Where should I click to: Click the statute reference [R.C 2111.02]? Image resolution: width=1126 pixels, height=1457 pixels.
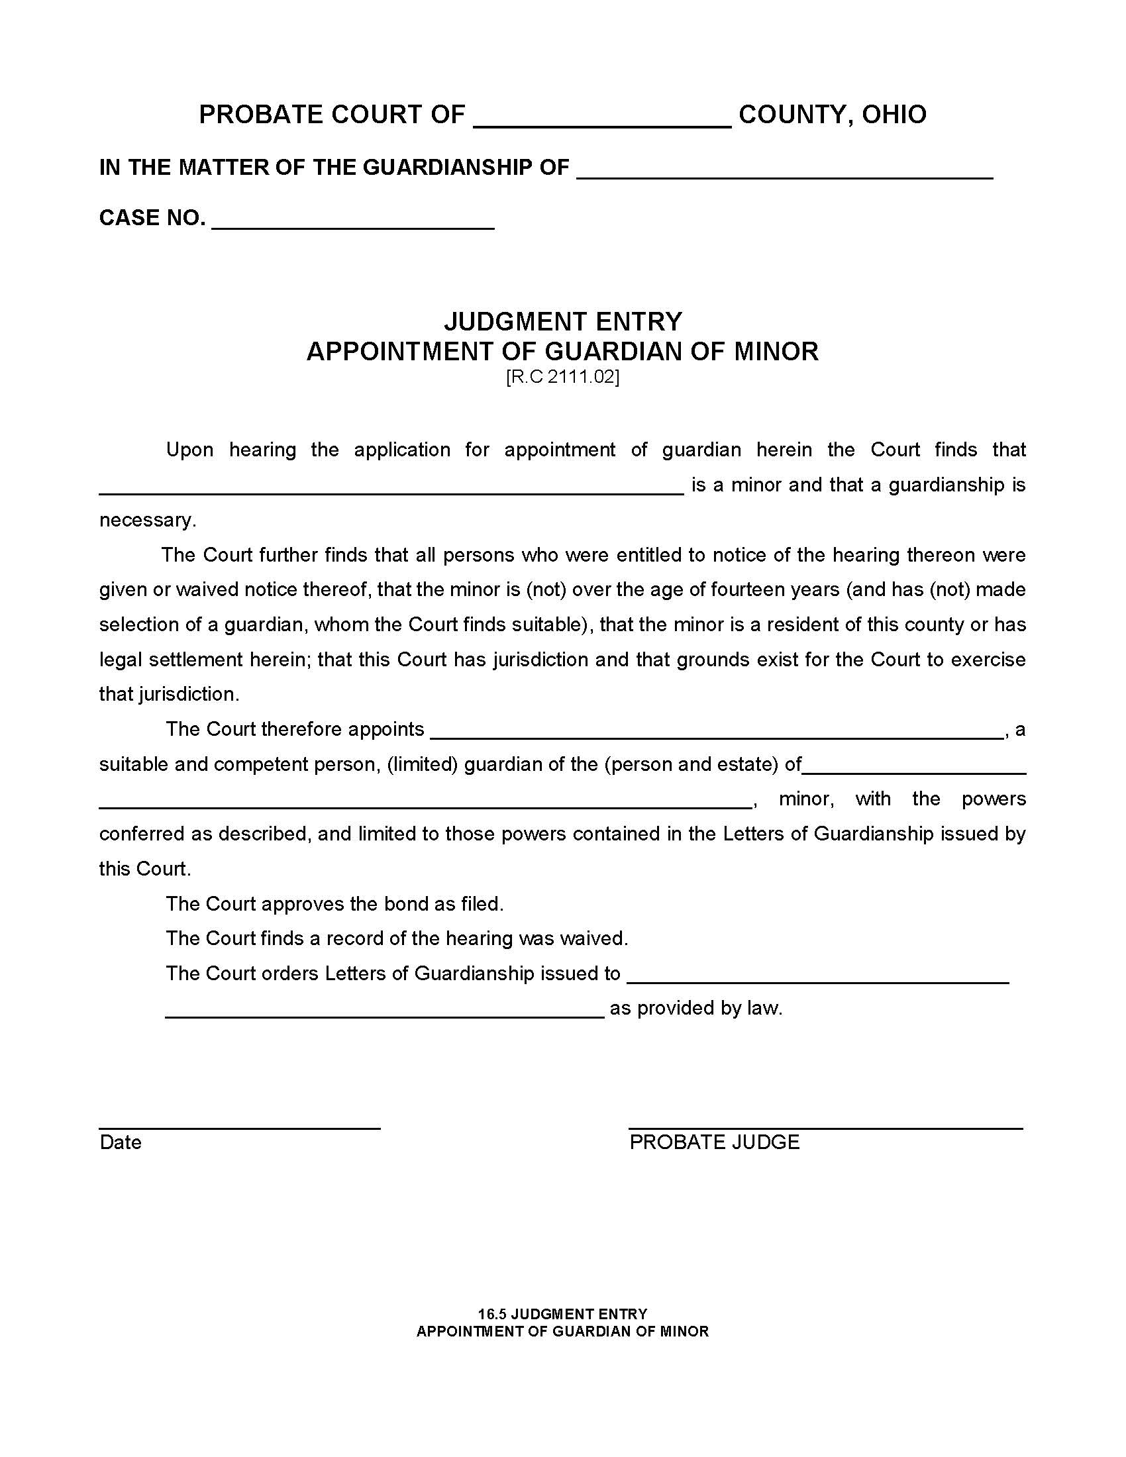coord(562,377)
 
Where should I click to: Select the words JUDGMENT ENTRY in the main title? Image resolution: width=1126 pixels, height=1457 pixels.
coord(563,322)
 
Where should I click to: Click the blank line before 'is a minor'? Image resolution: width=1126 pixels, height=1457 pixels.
coord(391,488)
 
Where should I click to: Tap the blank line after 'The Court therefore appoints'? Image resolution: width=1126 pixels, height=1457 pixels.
coord(717,732)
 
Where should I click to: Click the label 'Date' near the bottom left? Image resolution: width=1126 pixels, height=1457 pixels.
coord(120,1143)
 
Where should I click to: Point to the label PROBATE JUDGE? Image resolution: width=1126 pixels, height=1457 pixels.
coord(714,1143)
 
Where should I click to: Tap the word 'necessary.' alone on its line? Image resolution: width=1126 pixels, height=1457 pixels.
coord(148,521)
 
